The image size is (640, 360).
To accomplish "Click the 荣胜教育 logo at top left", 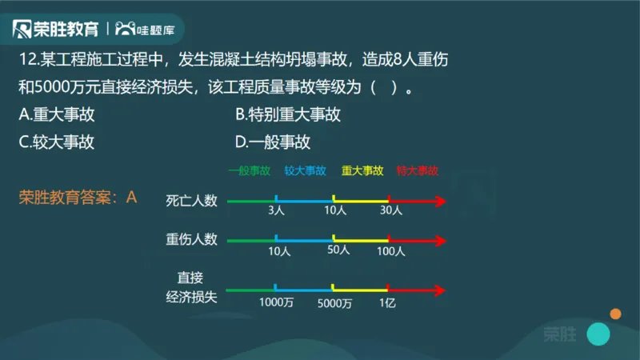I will point(57,30).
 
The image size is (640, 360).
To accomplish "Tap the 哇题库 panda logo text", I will point(151,30).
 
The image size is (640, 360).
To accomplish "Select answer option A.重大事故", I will point(57,114).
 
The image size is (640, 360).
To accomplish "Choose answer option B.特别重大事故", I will point(288,114).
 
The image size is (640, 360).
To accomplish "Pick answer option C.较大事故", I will point(57,142).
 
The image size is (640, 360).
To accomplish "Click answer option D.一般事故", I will point(274,142).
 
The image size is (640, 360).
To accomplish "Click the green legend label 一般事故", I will point(249,170).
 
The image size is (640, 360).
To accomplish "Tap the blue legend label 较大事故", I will point(305,170).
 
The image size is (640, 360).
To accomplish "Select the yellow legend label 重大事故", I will point(362,170).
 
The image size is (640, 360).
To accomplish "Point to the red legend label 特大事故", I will point(418,170).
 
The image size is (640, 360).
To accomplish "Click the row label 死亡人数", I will point(192,200).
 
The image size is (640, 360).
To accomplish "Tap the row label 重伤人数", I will point(192,239).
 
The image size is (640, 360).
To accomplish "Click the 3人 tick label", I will point(277,212).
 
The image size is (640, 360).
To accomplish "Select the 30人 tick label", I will point(390,212).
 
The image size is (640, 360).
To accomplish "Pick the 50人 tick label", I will point(338,250).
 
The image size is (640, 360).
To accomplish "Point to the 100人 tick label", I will point(391,250).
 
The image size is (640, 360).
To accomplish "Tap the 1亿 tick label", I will point(388,302).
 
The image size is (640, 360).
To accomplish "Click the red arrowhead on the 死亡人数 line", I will point(438,200).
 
